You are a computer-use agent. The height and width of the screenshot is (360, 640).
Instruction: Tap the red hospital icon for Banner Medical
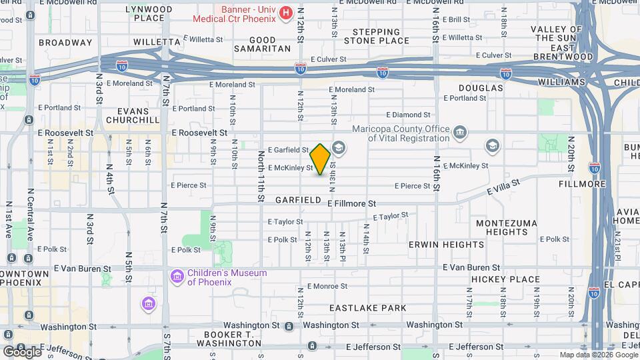click(x=286, y=12)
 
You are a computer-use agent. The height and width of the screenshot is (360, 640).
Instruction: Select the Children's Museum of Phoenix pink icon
click(x=177, y=276)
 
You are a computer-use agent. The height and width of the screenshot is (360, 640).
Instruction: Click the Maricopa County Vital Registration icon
click(x=460, y=133)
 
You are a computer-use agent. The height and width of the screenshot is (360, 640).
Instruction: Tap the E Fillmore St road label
click(x=353, y=203)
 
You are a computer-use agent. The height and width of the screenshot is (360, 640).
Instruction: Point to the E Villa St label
click(x=502, y=191)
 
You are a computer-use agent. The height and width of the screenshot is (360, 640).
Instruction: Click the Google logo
click(x=22, y=351)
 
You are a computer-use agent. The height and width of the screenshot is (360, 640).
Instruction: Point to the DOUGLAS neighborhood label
click(x=481, y=88)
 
